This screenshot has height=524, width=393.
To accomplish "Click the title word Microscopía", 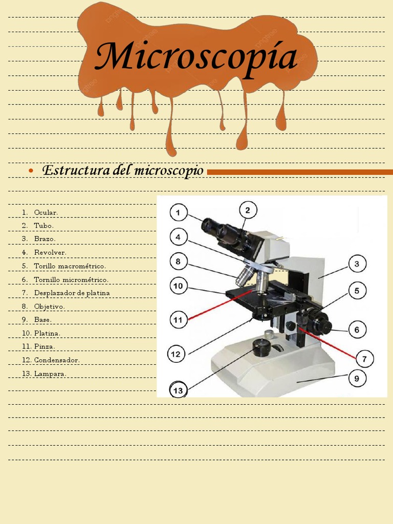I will tap(196, 57).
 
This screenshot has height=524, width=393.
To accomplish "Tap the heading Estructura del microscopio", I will tap(123, 170).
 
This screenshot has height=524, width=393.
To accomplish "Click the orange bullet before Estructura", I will tap(32, 170).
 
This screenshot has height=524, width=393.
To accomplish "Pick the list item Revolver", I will tap(50, 252).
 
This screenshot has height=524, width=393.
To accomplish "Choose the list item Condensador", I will tap(57, 360).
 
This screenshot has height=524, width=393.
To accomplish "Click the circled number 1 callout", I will tap(179, 212).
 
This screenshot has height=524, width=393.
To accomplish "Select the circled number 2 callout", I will tap(248, 210).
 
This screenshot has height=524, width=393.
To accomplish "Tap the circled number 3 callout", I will tap(357, 264).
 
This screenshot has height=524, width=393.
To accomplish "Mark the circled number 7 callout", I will tap(364, 359).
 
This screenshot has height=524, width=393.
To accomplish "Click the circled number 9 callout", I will tap(357, 379).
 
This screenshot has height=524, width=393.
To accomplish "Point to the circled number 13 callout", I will tap(178, 391).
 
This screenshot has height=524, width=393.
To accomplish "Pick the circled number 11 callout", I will tap(178, 320).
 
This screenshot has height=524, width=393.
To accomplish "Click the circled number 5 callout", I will tap(357, 291).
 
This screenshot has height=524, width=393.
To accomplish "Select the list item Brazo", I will tap(45, 239).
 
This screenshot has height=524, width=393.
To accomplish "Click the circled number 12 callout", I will tap(176, 354).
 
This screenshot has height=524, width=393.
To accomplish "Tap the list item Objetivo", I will tap(49, 307).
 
